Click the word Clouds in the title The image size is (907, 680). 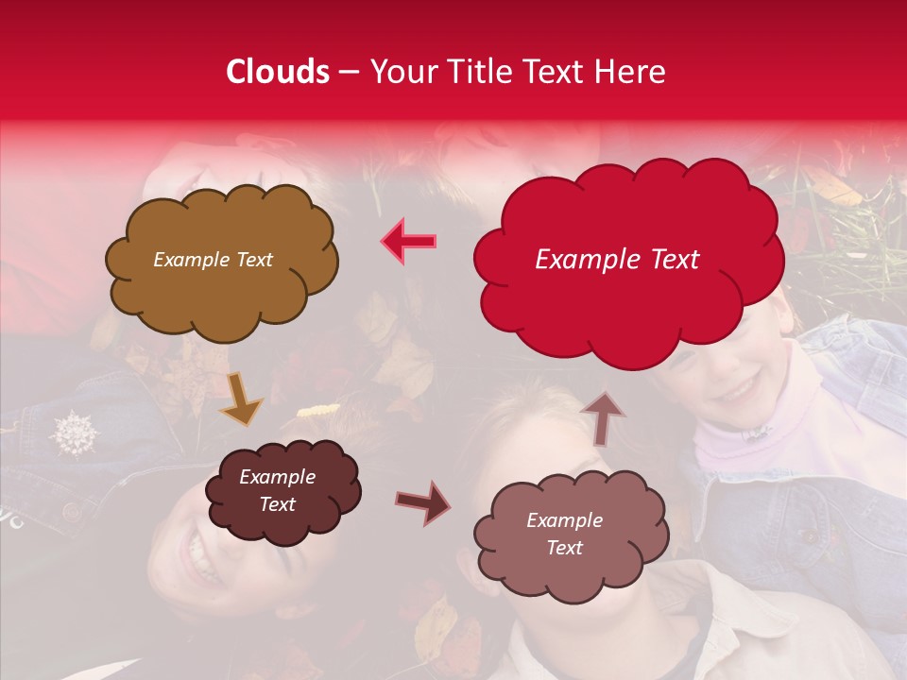coord(278,72)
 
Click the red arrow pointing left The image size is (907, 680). coord(409,241)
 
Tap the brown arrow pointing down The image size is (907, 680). coord(241,398)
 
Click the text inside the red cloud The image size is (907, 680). coord(617,260)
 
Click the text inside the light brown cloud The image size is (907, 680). coord(213,260)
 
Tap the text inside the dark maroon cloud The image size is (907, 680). coord(278,490)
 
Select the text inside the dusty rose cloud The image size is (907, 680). coord(564,534)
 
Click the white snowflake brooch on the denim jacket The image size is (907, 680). coord(75,433)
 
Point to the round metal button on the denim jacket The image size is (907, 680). coord(71,512)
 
